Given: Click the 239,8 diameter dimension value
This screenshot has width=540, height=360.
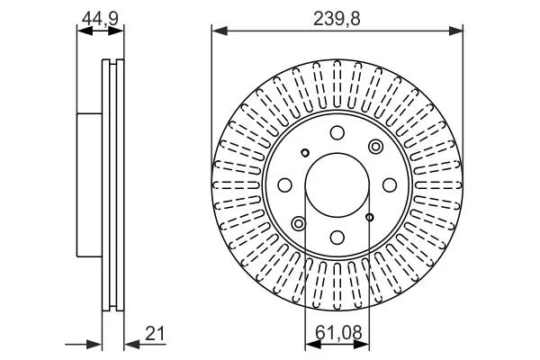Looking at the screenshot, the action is coord(337,19).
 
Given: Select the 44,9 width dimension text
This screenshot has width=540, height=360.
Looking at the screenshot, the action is coord(100,18).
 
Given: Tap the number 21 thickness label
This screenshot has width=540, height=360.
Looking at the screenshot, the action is coord(155,333).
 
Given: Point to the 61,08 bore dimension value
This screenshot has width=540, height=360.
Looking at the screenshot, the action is coord(338,333).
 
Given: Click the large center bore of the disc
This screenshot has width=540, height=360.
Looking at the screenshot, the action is coord(337,185).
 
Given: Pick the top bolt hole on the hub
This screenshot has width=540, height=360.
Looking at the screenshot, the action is coord(337,132).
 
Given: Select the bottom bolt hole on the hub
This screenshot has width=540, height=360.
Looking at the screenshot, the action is coord(337,238).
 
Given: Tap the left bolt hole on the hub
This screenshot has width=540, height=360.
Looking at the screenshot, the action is coord(284,185).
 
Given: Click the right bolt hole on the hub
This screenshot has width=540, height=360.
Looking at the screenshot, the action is coord(390,185).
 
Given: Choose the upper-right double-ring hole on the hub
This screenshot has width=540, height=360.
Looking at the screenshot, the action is coord(375,147).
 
